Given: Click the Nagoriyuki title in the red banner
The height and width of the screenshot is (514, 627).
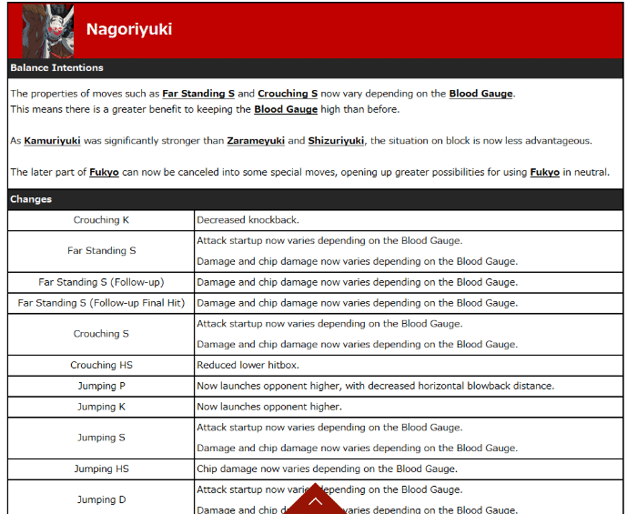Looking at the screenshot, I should click(x=129, y=29).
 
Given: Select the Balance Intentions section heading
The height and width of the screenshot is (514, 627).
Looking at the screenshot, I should click(x=56, y=68).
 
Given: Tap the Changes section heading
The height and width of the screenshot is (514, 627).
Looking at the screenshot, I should click(x=31, y=199).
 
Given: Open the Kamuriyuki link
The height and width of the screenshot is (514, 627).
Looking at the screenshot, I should click(x=52, y=141).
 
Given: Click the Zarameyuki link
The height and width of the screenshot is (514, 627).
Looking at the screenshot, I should click(x=256, y=141).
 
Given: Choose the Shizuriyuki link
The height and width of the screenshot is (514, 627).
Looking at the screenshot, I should click(x=336, y=141).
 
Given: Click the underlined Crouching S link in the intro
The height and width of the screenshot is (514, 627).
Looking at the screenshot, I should click(x=288, y=94).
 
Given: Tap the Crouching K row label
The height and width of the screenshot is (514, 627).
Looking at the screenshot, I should click(x=101, y=220).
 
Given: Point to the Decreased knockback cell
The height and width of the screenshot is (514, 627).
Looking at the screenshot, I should click(x=248, y=220).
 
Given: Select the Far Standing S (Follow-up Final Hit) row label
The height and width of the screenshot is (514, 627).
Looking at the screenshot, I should click(x=101, y=303).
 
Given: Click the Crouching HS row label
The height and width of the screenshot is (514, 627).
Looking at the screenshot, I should click(x=101, y=365).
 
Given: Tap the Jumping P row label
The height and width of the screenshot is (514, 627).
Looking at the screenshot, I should click(x=101, y=386).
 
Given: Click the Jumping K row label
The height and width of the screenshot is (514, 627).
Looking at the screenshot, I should click(x=101, y=407).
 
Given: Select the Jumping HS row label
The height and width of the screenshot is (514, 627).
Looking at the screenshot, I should click(x=101, y=469).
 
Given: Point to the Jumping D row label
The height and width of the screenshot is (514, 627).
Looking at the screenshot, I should click(x=101, y=499).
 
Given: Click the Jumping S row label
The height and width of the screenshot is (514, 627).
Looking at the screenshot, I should click(x=101, y=438).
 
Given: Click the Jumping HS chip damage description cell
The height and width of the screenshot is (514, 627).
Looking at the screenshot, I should click(x=327, y=469).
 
